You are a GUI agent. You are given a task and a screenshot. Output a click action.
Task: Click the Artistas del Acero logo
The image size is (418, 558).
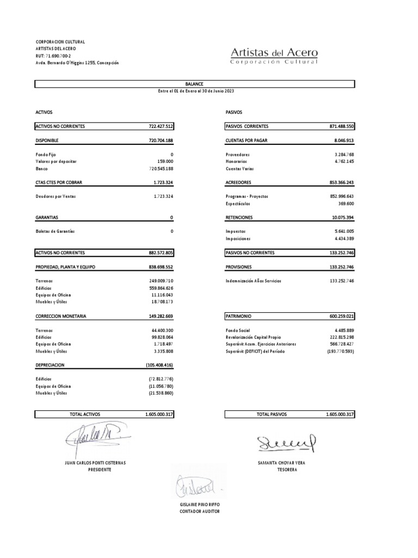pos(274,56)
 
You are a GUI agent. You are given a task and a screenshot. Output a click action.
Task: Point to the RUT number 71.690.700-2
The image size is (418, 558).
pos(55,56)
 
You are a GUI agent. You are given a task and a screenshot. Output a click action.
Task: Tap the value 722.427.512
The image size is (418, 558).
pos(161,126)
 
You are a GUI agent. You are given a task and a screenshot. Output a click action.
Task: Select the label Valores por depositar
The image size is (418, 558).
pos(56,162)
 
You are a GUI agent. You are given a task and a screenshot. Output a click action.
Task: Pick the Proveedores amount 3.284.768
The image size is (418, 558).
pos(342,155)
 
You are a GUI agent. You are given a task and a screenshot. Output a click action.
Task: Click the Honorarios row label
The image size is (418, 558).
pos(236,162)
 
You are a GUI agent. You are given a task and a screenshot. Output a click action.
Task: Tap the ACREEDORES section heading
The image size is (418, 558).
pos(239,183)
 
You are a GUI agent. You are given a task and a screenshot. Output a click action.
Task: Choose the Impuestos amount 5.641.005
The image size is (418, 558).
pos(342,231)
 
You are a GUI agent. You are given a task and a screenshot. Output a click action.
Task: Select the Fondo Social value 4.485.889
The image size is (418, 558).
pos(342,330)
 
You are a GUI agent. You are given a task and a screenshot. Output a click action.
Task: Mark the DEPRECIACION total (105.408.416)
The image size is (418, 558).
pos(159,365)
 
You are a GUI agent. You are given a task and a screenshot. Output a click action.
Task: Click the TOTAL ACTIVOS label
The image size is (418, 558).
pos(85,415)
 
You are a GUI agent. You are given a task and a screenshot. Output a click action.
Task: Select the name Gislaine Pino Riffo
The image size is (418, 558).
pos(199,505)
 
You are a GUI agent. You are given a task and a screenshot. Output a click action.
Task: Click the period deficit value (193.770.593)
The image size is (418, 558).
pos(340,351)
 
